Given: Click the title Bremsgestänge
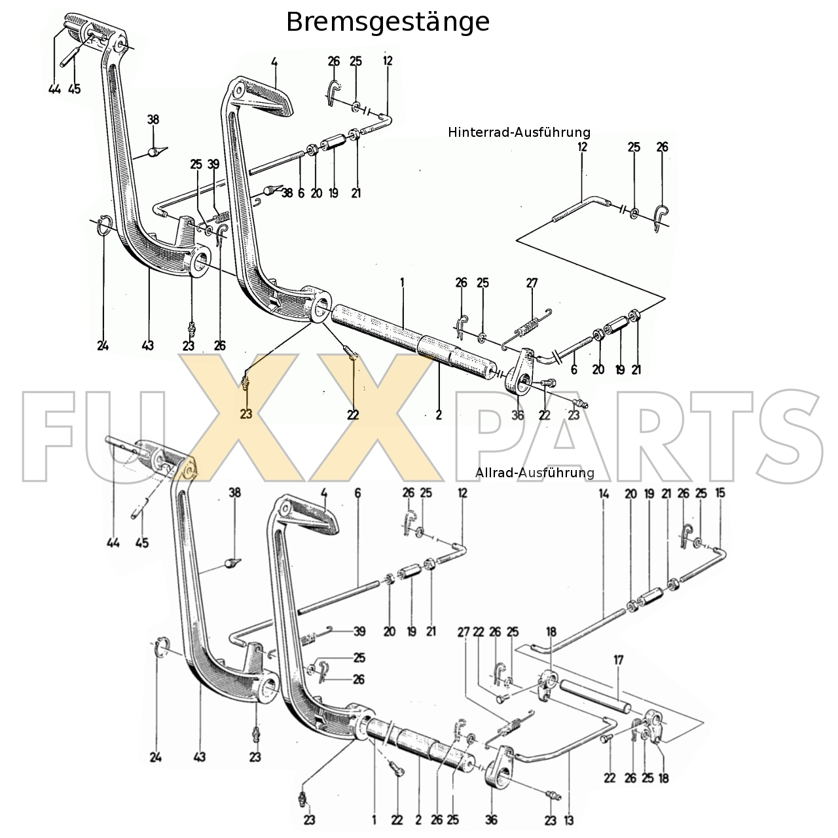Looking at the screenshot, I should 388,22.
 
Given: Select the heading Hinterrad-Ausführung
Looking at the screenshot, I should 519,132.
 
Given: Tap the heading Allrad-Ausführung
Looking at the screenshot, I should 535,473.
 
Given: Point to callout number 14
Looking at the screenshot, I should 604,494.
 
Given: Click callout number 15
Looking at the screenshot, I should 720,494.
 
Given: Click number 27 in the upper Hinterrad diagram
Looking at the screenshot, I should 532,283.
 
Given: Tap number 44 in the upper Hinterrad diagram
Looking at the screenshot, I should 54,89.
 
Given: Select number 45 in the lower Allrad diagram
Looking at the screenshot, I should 142,543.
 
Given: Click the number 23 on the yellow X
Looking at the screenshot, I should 246,414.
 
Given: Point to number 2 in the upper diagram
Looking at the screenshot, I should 439,414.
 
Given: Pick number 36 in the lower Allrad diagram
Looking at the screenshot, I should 492,819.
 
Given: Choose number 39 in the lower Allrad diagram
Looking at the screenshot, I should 359,632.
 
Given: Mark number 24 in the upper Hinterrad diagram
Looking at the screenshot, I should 102,346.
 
